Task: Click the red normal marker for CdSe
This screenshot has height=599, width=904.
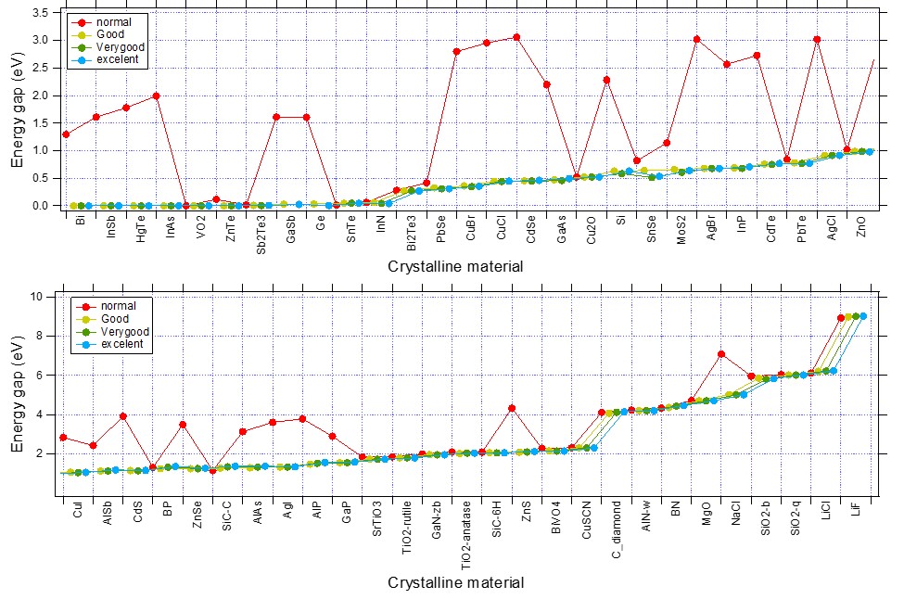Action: (516, 37)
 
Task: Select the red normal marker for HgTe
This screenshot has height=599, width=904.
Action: (126, 108)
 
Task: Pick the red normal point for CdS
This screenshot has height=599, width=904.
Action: (123, 416)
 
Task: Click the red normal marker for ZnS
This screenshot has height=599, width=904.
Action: (512, 408)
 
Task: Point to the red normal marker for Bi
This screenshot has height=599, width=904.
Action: (66, 134)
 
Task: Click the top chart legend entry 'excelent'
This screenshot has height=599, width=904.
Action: (116, 59)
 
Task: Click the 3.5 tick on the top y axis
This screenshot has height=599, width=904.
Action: (43, 13)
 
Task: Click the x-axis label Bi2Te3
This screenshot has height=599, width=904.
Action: (411, 233)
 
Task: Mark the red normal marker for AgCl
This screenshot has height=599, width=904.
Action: (817, 40)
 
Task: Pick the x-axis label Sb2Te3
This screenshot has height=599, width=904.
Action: (261, 233)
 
